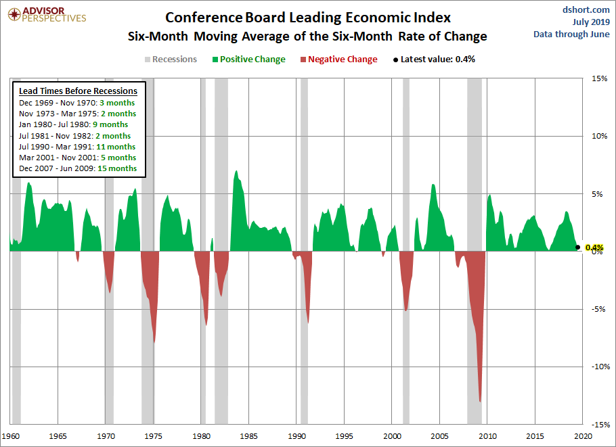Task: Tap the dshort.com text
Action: pos(586,9)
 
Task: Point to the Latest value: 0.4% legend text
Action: pos(435,60)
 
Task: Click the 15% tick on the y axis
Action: pos(599,78)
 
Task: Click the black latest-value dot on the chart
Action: pos(577,248)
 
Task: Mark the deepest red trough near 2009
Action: pos(481,401)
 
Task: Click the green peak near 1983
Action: pos(236,171)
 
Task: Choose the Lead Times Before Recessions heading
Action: pos(78,91)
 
